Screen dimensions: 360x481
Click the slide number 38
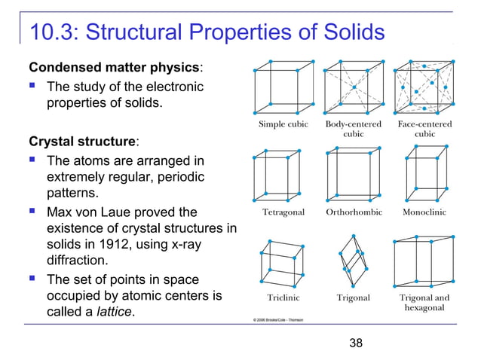(356, 343)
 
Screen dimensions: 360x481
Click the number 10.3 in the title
(51, 32)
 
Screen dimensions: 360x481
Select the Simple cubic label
(283, 124)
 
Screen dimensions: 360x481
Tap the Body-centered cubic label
(353, 129)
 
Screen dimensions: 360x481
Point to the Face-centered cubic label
(424, 129)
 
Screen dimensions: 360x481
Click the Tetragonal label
(283, 212)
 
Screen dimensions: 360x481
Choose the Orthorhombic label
(354, 212)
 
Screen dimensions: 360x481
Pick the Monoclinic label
(424, 212)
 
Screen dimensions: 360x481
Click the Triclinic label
(283, 297)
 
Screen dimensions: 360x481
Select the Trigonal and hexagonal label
(424, 303)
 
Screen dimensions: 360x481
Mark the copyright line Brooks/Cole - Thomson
(278, 319)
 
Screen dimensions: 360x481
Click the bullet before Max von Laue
(35, 212)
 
